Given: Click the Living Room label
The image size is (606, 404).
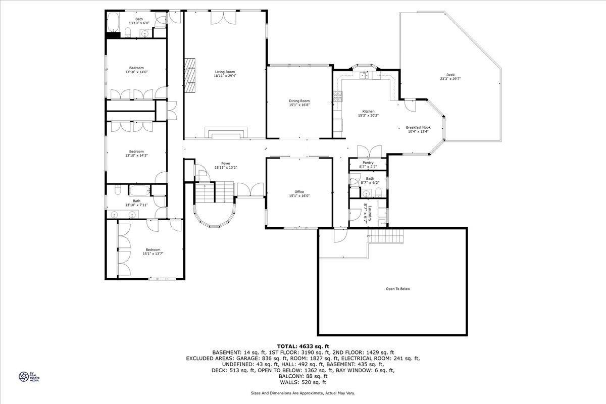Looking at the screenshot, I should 225,72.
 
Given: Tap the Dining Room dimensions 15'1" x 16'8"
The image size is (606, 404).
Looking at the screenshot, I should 299,106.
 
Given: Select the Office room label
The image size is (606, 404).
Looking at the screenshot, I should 299,192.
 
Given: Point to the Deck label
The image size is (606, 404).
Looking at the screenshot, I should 450,75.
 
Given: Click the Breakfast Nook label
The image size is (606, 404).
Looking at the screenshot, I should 418,128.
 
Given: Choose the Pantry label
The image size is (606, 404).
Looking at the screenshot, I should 368,163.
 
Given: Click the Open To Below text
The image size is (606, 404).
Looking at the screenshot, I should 398,289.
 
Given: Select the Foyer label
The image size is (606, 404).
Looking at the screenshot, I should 226,164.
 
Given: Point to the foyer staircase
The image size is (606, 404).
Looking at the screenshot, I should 210,192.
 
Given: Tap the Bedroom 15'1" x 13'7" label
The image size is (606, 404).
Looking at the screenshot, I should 153,249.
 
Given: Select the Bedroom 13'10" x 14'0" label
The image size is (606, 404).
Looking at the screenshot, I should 136,68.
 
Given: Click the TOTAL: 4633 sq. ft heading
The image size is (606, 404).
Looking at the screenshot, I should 303,346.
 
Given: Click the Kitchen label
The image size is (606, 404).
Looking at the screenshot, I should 368,112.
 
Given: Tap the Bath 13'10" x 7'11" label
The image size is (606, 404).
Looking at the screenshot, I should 136,201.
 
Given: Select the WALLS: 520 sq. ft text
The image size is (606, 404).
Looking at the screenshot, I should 303,382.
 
